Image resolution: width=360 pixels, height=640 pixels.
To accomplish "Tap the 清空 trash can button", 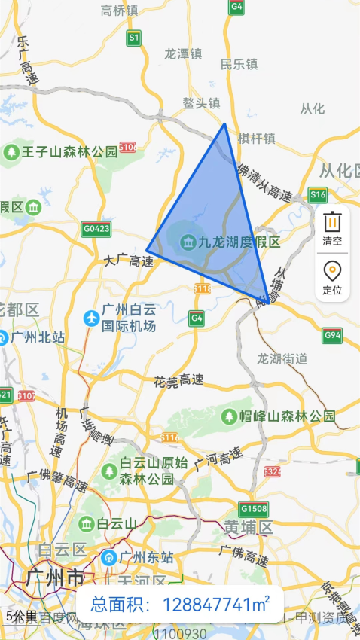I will [x=332, y=228].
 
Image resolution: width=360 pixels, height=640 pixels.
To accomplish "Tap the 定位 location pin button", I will [x=332, y=277].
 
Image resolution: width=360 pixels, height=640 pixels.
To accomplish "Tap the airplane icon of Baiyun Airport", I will [x=92, y=318].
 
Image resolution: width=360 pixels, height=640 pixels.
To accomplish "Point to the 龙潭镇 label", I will [x=184, y=54].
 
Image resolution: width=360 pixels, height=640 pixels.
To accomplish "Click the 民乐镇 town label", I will [x=239, y=65].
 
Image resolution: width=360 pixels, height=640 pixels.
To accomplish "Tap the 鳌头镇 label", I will [x=201, y=103].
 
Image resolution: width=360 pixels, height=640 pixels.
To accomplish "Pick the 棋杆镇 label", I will [x=257, y=139].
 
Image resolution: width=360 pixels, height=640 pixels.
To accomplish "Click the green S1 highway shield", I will [x=134, y=37].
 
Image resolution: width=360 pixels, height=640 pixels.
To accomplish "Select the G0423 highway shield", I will [x=96, y=228].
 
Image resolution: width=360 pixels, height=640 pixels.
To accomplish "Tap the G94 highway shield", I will [x=332, y=334].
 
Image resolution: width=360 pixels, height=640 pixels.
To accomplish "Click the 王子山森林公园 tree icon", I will [x=11, y=152].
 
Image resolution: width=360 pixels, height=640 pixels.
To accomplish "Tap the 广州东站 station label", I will [x=145, y=558].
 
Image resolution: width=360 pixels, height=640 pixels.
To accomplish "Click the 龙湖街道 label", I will [x=282, y=358].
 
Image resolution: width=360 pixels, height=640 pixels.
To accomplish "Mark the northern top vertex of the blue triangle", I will [x=224, y=124].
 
